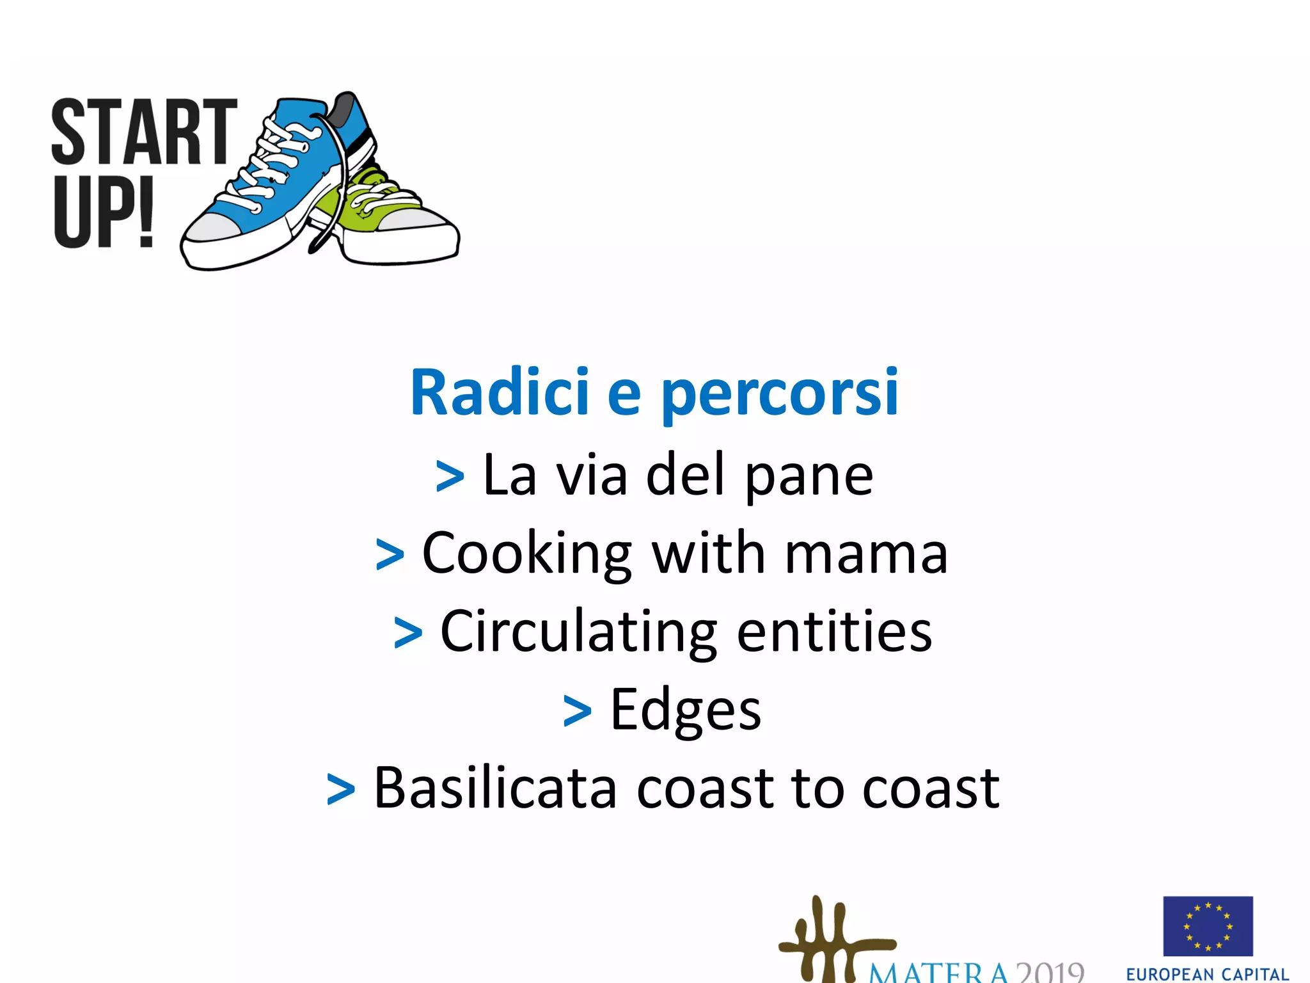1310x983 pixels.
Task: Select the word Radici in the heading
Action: [x=499, y=392]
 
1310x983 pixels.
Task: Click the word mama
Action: [x=866, y=554]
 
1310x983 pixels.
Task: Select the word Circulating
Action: [x=578, y=633]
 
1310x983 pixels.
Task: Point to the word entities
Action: [x=834, y=632]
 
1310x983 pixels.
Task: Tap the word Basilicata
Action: [x=495, y=788]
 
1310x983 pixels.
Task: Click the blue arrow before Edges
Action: [x=577, y=712]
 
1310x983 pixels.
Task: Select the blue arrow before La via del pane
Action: [x=450, y=477]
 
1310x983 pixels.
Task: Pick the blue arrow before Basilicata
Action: [x=340, y=790]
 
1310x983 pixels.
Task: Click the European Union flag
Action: [x=1208, y=926]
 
